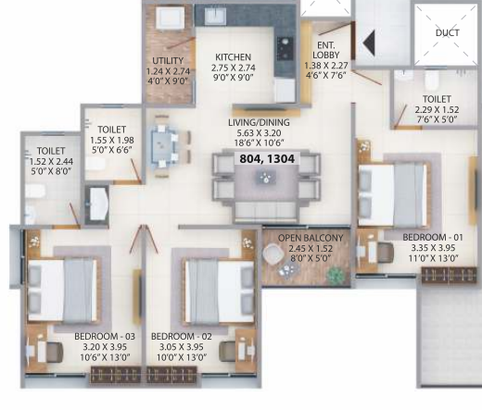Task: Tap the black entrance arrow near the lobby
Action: [368, 43]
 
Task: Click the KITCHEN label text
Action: [229, 57]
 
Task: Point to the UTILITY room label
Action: [169, 61]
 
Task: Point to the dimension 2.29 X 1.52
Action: [436, 108]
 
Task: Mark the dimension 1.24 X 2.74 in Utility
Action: [169, 70]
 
